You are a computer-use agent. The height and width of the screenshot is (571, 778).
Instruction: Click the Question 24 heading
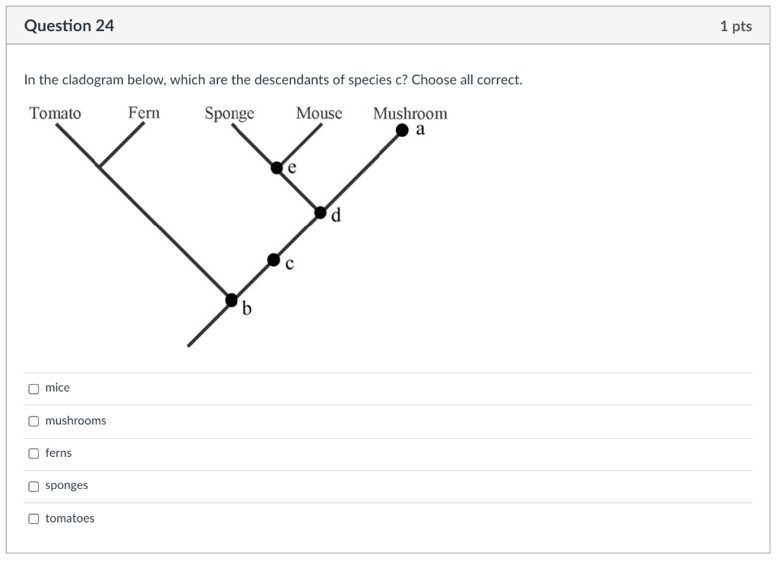pos(69,26)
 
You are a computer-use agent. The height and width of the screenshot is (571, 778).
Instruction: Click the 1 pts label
pos(735,26)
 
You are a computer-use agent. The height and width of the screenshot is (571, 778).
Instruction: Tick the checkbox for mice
pos(33,389)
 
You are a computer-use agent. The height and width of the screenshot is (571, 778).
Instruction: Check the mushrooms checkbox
pos(33,421)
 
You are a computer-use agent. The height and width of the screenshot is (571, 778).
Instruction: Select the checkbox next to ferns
pos(33,454)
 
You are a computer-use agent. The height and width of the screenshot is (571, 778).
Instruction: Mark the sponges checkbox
pos(33,487)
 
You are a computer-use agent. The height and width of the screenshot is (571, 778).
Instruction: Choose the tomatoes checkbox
pos(33,519)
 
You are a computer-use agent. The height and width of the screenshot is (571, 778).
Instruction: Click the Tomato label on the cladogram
pos(55,113)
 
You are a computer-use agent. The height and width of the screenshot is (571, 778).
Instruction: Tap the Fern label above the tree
pos(144,113)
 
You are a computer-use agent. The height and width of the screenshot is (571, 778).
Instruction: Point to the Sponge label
pos(229,114)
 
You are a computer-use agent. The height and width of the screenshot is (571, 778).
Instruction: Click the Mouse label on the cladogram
pos(319,113)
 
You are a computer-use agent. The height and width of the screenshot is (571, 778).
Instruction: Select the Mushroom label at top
pos(410,113)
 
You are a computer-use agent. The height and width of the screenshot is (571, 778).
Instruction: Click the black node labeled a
pos(403,131)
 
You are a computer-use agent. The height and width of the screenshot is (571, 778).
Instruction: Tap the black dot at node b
pos(232,300)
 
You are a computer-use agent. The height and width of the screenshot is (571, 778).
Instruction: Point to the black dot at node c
pos(274,260)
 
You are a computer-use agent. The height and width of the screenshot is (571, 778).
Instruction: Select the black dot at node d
pos(321,212)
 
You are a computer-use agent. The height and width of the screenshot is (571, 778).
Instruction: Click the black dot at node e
pos(277,167)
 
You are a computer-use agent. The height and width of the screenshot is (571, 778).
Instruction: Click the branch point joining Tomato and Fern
pos(99,166)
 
